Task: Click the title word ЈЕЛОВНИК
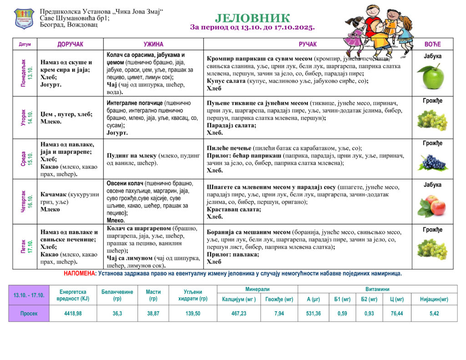tap(252, 18)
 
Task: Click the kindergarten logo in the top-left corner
tap(24, 18)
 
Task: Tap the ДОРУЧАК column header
tap(71, 44)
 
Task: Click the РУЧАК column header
tap(308, 44)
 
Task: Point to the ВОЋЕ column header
tap(432, 44)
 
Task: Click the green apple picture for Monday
tap(432, 76)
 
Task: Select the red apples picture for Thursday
tap(432, 205)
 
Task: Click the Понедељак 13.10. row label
tap(26, 73)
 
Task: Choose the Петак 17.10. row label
tap(26, 247)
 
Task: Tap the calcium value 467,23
tap(238, 314)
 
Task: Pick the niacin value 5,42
tap(434, 314)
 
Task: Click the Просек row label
tap(29, 314)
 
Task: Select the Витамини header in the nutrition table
tap(377, 289)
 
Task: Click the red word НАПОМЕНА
tap(80, 274)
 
